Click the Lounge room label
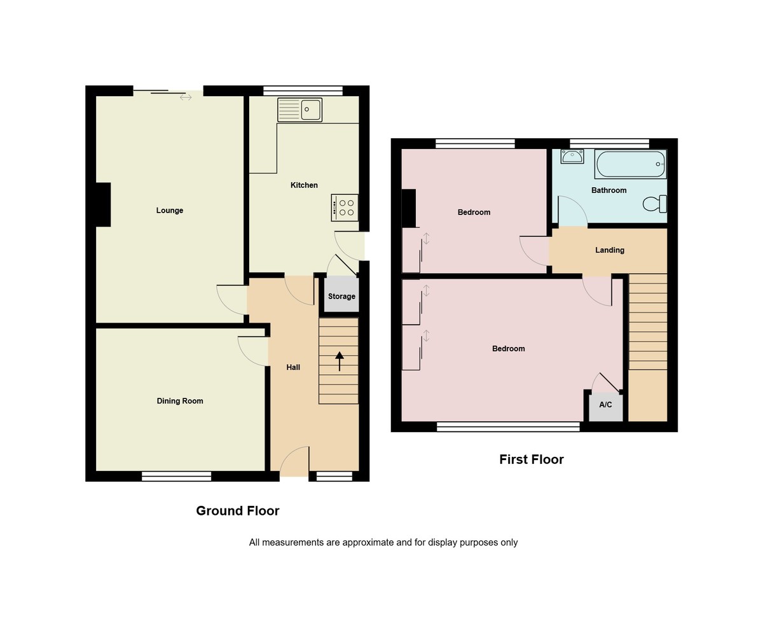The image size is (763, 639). pos(170,211)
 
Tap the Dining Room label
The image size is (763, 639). pos(180,401)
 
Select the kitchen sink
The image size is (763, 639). pos(300,109)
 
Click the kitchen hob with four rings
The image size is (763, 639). pos(345,207)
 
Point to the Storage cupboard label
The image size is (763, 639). pos(341,297)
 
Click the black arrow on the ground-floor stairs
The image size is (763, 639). pos(340,361)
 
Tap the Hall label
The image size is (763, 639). pos(293,367)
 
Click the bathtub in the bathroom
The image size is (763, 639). pos(630,164)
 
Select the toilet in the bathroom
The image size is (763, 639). pos(655,204)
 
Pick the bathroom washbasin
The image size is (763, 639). pos(572,156)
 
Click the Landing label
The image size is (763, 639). pos(610,250)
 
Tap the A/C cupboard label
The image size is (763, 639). pos(605,405)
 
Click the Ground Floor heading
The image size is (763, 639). pos(237,510)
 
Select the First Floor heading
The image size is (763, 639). pos(531,460)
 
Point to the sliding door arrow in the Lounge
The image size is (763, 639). pos(186,97)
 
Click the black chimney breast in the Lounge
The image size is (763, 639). pos(103,204)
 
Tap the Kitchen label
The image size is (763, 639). pos(304,185)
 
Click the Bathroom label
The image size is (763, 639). pos(608,190)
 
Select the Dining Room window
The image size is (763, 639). pos(176,476)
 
